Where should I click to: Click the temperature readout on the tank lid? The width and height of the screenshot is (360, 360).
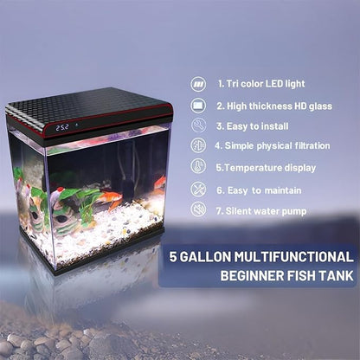[62, 127]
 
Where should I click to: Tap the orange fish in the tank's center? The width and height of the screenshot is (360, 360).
[109, 198]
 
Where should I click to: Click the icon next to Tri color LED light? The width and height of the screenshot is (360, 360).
[198, 84]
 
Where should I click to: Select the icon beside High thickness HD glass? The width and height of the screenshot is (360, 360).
[198, 105]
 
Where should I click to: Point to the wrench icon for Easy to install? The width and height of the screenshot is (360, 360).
[198, 125]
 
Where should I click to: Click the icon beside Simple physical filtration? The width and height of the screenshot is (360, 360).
[198, 146]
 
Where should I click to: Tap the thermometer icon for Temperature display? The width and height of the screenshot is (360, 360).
[198, 167]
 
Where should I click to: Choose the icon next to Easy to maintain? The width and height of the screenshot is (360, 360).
[198, 188]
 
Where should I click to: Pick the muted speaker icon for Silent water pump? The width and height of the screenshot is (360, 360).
[198, 209]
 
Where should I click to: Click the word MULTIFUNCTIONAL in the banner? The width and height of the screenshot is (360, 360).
[299, 257]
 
